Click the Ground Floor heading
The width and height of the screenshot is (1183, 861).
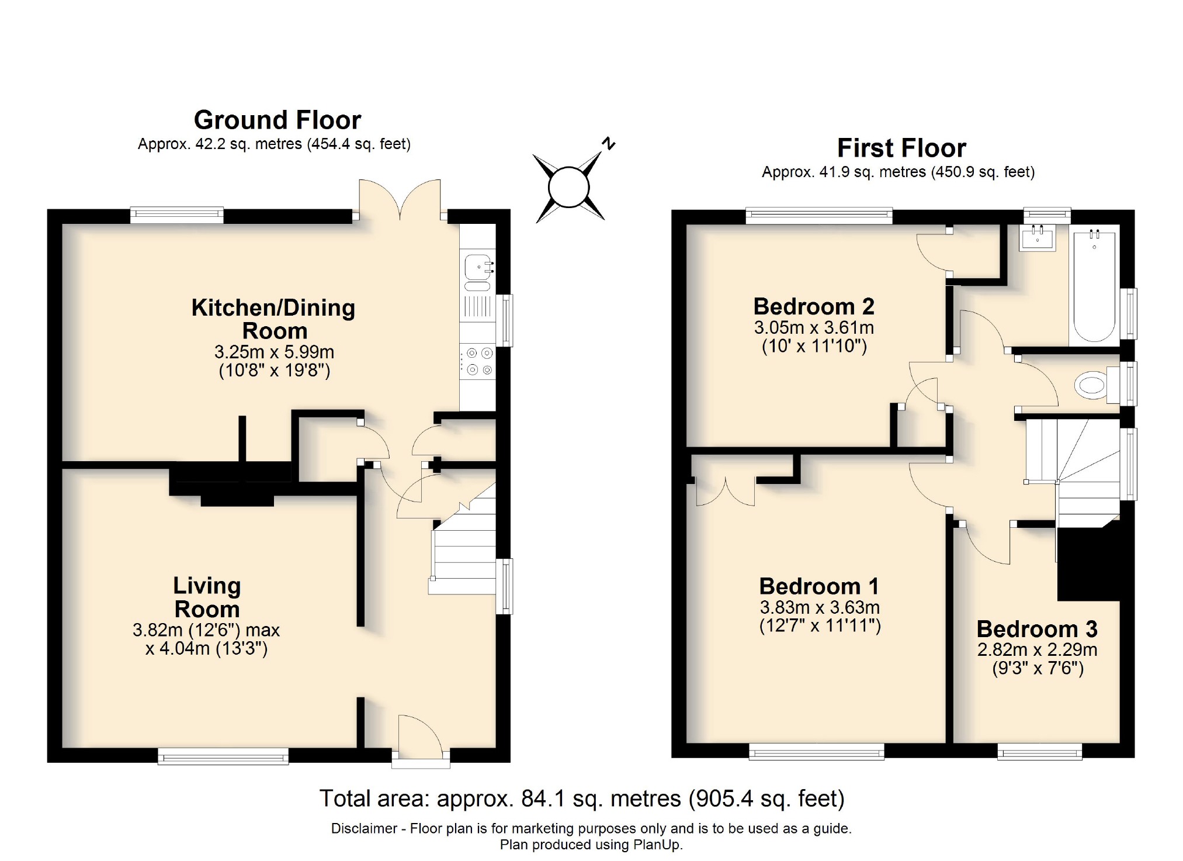pyautogui.click(x=277, y=120)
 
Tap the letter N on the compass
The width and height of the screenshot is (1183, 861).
pyautogui.click(x=609, y=143)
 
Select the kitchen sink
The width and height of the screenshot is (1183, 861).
pyautogui.click(x=478, y=268)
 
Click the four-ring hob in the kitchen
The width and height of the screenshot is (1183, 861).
pyautogui.click(x=478, y=361)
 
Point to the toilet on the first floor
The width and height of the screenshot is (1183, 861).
pyautogui.click(x=1091, y=385)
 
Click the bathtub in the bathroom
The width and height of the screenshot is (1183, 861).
pyautogui.click(x=1094, y=286)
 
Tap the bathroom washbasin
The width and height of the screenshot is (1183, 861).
pyautogui.click(x=1038, y=237)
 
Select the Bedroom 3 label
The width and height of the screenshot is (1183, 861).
pyautogui.click(x=1037, y=629)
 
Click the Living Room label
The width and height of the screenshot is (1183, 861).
pyautogui.click(x=207, y=597)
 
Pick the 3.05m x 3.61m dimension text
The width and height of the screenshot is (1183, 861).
pyautogui.click(x=814, y=327)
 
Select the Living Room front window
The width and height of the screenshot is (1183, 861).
pyautogui.click(x=223, y=756)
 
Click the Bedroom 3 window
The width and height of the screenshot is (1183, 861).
pyautogui.click(x=1039, y=751)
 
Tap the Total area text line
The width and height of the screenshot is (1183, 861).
pyautogui.click(x=581, y=798)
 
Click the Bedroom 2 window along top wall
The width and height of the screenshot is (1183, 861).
pyautogui.click(x=819, y=216)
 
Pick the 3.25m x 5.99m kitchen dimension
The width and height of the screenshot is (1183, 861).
pyautogui.click(x=274, y=352)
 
